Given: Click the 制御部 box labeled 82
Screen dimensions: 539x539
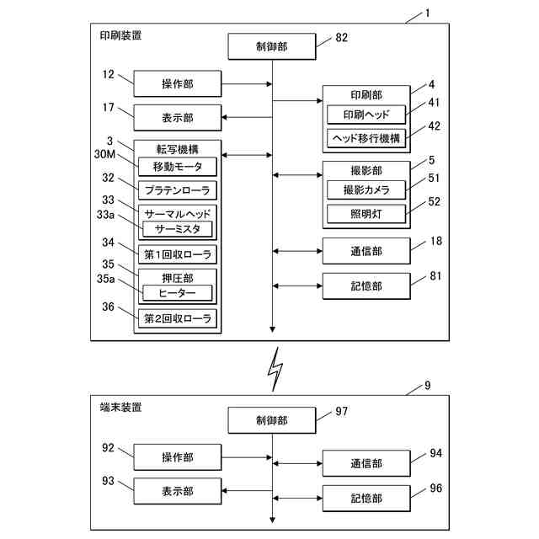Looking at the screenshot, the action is coord(272,46).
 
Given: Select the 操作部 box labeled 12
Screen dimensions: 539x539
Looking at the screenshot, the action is coord(178,83).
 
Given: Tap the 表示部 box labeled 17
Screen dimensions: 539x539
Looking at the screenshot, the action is coord(178,118).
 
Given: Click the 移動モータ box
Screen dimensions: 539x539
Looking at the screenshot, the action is coord(178,167).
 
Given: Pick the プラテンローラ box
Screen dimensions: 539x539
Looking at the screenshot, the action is coord(178,190).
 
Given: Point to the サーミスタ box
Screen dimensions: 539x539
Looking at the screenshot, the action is coord(178,229).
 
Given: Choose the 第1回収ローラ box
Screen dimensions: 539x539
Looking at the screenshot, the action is coord(178,254).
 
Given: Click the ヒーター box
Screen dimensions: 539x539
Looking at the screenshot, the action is coord(178,293).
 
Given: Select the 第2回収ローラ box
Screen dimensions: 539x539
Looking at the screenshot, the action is coord(178,318).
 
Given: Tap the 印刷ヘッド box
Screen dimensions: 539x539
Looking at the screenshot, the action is coord(366,115).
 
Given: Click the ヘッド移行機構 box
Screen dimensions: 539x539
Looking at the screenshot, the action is coord(366,138).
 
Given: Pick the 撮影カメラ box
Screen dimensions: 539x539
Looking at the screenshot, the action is coord(366,189).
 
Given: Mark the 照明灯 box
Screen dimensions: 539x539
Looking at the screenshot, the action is coord(366,214).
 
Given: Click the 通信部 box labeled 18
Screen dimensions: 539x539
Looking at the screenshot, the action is coord(366,251).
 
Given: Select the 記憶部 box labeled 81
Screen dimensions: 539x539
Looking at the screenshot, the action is coord(366,286).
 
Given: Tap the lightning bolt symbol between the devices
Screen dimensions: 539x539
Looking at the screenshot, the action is coord(275,369).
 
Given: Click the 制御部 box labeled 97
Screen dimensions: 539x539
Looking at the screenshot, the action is coord(272,420).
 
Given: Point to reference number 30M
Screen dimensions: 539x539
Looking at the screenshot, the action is coord(104,154).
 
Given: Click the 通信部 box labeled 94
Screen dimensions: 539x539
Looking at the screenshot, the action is coord(366,463).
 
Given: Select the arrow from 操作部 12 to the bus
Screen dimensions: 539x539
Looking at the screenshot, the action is coord(247,84).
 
